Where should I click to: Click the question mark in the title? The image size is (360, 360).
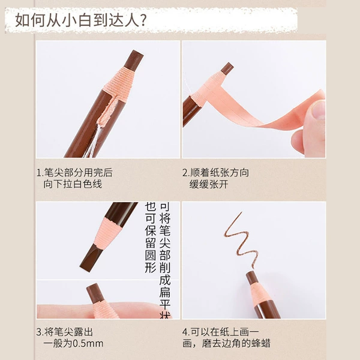pyautogui.click(x=142, y=20)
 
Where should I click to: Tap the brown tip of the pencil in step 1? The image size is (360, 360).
pyautogui.click(x=134, y=61)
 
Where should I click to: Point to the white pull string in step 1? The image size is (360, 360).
pyautogui.click(x=92, y=140)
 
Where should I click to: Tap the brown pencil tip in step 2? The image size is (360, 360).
pyautogui.click(x=227, y=68)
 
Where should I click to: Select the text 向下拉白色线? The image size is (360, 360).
pyautogui.click(x=73, y=184)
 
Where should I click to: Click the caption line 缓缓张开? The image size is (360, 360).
pyautogui.click(x=209, y=184)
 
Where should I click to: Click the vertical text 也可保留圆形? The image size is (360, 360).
pyautogui.click(x=151, y=238)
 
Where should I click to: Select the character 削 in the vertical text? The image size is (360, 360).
pyautogui.click(x=165, y=268)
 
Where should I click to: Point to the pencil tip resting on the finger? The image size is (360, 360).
pyautogui.click(x=95, y=292)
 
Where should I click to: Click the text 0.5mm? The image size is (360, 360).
pyautogui.click(x=88, y=344)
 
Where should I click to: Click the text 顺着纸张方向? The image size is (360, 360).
pyautogui.click(x=220, y=173)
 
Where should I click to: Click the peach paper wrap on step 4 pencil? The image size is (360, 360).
pyautogui.click(x=259, y=292)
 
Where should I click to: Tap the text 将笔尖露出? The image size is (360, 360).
pyautogui.click(x=68, y=332)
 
